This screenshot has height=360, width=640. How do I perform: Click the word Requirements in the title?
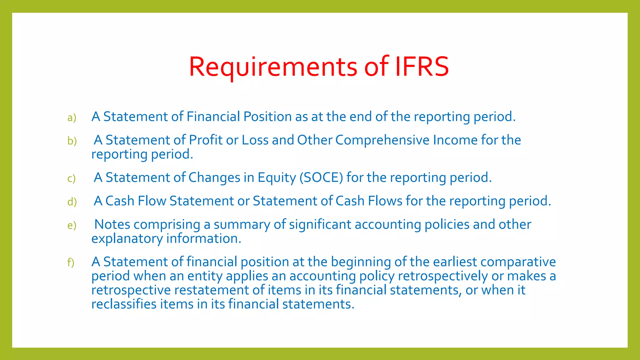[x=273, y=67]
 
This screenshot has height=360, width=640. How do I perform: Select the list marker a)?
[x=72, y=118]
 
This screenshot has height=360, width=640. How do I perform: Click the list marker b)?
[x=72, y=141]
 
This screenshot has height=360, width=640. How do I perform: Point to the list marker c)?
[x=71, y=179]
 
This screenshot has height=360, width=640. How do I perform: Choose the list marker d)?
[x=72, y=202]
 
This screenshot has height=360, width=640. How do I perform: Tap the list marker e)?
[x=72, y=226]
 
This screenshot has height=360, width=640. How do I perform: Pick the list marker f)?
[x=71, y=262]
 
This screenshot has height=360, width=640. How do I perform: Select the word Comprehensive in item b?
[x=382, y=140]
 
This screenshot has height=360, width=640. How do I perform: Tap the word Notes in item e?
[x=112, y=224]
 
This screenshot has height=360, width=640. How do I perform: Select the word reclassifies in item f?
[x=124, y=304]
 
